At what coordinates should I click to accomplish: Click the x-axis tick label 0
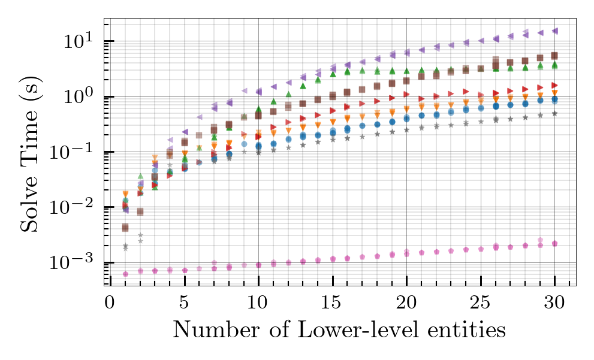[x=110, y=300]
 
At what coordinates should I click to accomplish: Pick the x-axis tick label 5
[x=184, y=300]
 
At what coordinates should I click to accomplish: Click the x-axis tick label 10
[x=258, y=300]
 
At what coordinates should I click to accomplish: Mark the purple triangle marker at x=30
[x=555, y=31]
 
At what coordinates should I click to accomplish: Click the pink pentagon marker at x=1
[x=125, y=274]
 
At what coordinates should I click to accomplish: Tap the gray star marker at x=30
[x=555, y=113]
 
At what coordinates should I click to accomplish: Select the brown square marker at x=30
[x=555, y=56]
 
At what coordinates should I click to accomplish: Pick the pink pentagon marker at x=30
[x=555, y=243]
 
